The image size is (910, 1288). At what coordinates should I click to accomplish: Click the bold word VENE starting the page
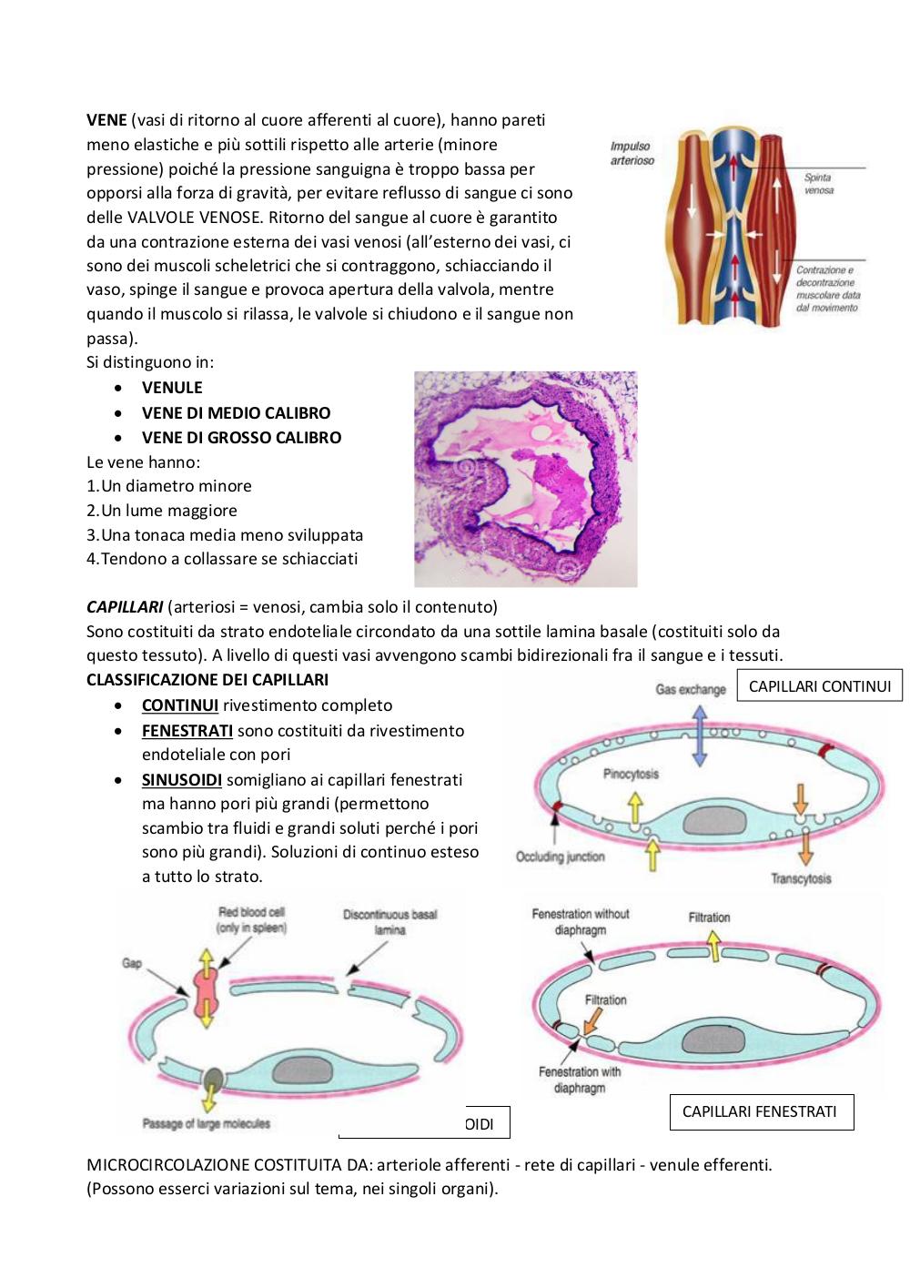click(106, 120)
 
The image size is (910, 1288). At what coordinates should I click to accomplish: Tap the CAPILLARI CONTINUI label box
click(819, 686)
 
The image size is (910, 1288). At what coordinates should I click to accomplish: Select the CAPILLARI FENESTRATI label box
click(761, 1111)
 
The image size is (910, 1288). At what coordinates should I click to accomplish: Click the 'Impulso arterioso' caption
click(632, 154)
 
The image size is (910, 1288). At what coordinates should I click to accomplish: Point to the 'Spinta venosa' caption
click(818, 184)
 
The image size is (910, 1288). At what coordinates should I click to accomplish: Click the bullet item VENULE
click(172, 388)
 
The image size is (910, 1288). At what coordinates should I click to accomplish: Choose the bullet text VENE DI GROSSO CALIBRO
click(241, 438)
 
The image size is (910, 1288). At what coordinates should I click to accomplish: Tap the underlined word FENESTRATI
click(187, 731)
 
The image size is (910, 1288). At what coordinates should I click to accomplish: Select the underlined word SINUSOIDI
click(182, 780)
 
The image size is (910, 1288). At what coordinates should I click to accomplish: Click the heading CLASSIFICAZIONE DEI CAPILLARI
click(207, 680)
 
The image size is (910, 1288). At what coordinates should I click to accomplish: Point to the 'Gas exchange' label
click(691, 689)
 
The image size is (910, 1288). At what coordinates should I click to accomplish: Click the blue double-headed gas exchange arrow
click(700, 736)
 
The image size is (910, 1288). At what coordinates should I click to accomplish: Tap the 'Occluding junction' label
click(560, 857)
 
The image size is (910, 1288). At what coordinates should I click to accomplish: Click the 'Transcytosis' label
click(801, 878)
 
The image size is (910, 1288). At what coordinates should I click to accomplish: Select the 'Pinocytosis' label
click(631, 774)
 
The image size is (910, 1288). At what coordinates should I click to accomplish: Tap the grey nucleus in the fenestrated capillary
click(714, 1039)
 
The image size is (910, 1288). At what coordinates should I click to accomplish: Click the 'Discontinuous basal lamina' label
click(389, 922)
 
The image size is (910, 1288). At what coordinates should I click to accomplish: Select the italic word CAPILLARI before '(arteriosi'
click(125, 607)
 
